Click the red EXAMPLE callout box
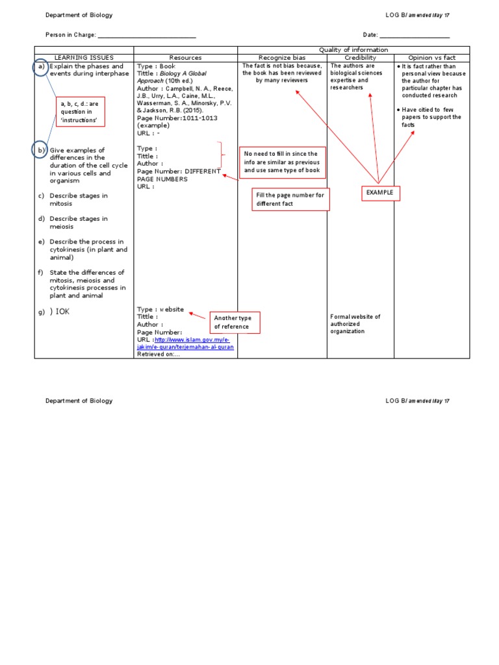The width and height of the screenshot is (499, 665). pyautogui.click(x=380, y=192)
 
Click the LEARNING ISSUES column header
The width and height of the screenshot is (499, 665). pyautogui.click(x=84, y=58)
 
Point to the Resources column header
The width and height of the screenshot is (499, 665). pyautogui.click(x=185, y=58)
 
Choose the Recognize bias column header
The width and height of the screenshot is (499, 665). pyautogui.click(x=282, y=58)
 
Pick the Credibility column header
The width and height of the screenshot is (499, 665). pyautogui.click(x=361, y=58)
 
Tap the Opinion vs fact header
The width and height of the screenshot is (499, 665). pyautogui.click(x=431, y=58)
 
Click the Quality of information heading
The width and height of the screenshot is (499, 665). pyautogui.click(x=353, y=50)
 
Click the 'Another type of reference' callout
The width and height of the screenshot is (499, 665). pyautogui.click(x=233, y=322)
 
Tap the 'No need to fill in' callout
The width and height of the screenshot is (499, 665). pyautogui.click(x=282, y=162)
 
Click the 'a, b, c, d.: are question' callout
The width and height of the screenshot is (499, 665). pyautogui.click(x=81, y=112)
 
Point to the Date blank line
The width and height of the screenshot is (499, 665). pyautogui.click(x=415, y=36)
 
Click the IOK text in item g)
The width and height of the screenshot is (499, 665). pyautogui.click(x=62, y=312)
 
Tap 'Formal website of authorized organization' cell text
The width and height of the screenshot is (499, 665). pyautogui.click(x=355, y=323)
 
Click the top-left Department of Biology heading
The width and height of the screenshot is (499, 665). pyautogui.click(x=79, y=14)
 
